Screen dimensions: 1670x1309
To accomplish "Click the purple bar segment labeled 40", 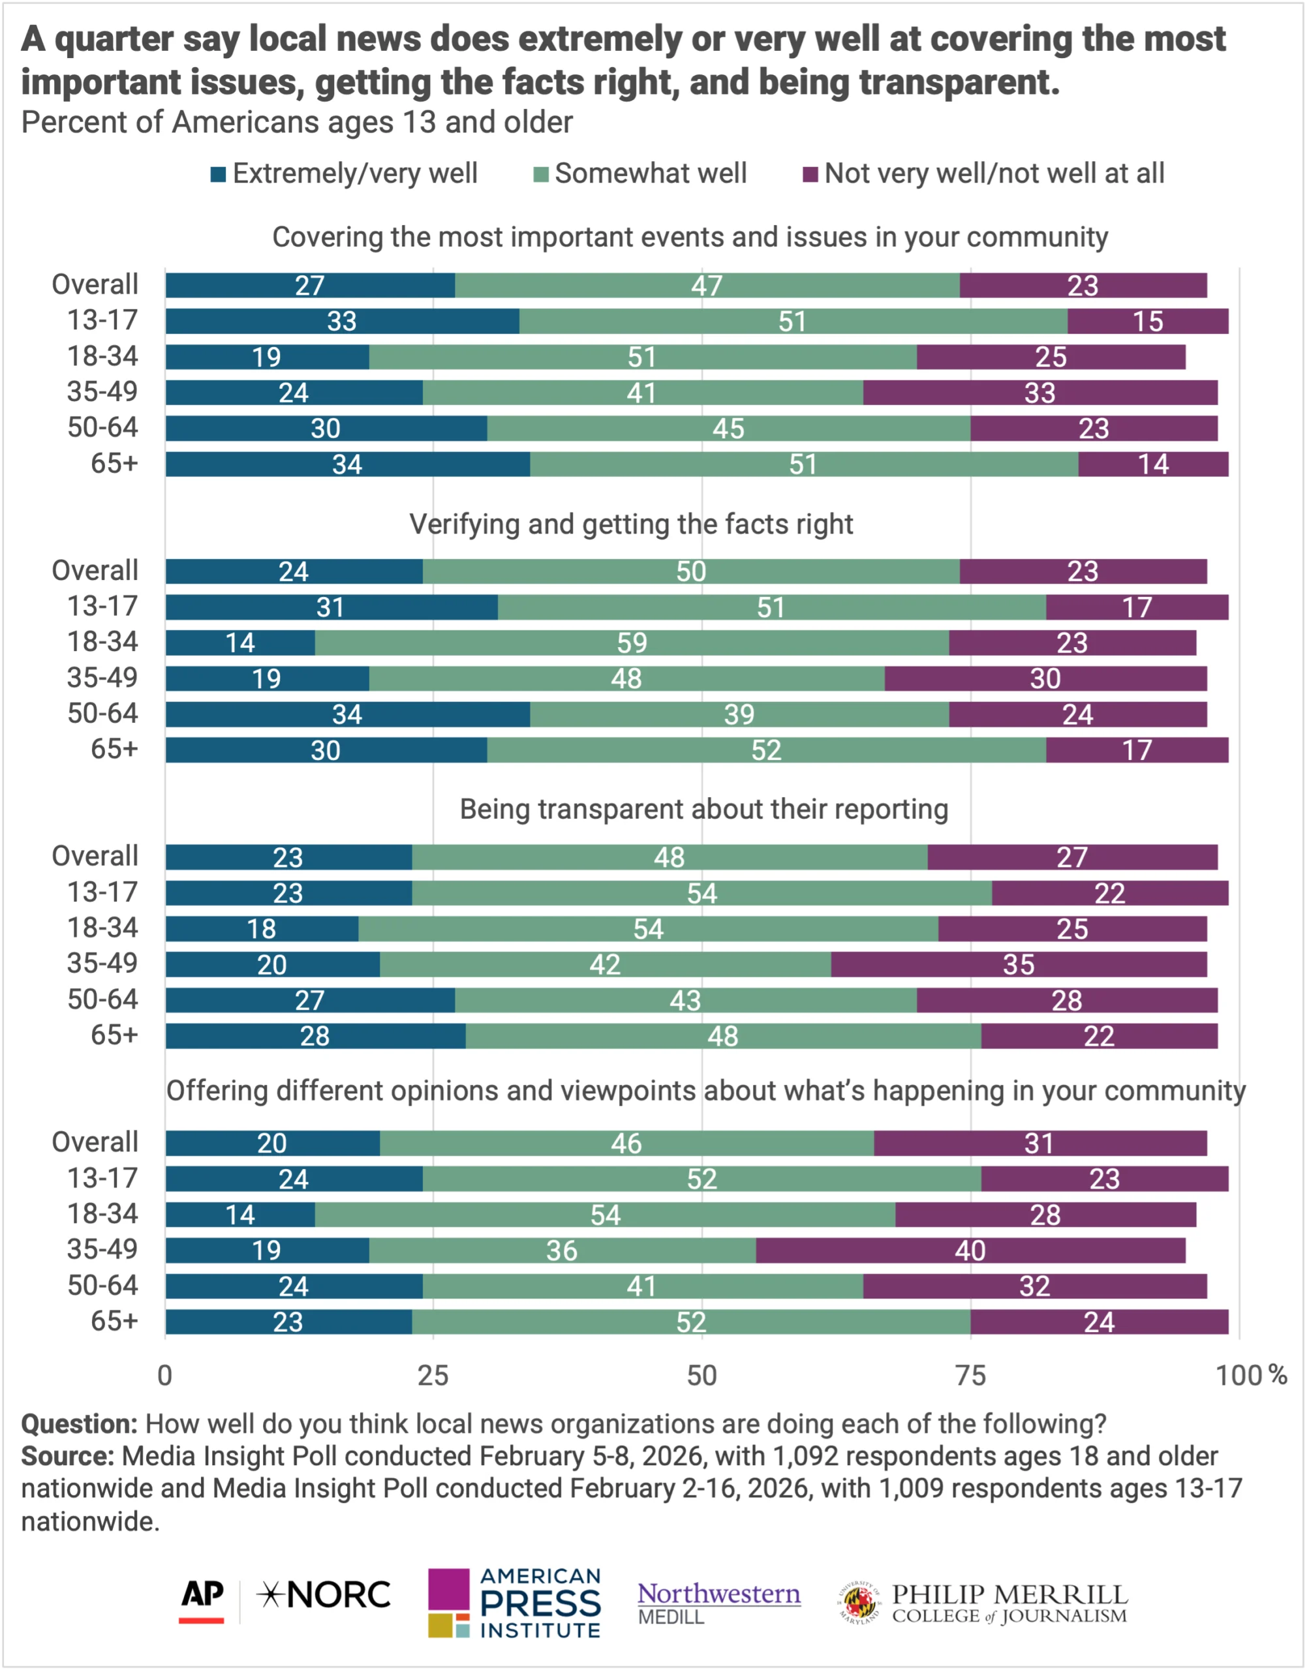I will click(970, 1250).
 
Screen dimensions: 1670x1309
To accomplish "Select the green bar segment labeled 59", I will click(632, 643).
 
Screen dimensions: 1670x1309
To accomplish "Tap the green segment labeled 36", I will click(562, 1250).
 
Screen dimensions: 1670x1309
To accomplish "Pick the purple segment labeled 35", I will click(1019, 964).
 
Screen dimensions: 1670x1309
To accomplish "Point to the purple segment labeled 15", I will click(1147, 321).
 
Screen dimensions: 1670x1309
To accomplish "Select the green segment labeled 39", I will click(739, 714).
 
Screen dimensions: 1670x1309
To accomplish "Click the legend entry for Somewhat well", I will click(650, 174).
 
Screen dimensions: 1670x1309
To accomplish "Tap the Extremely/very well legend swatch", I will click(219, 175).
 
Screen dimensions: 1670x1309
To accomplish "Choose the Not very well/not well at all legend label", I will click(994, 174).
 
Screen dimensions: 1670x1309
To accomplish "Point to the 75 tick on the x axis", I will click(970, 1375).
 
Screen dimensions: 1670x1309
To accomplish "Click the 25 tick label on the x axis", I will click(433, 1375).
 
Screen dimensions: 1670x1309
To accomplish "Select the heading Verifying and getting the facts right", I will click(631, 524).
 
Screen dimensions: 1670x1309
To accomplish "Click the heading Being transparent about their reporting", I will click(703, 809).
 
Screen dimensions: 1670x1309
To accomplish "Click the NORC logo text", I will click(325, 1595).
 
